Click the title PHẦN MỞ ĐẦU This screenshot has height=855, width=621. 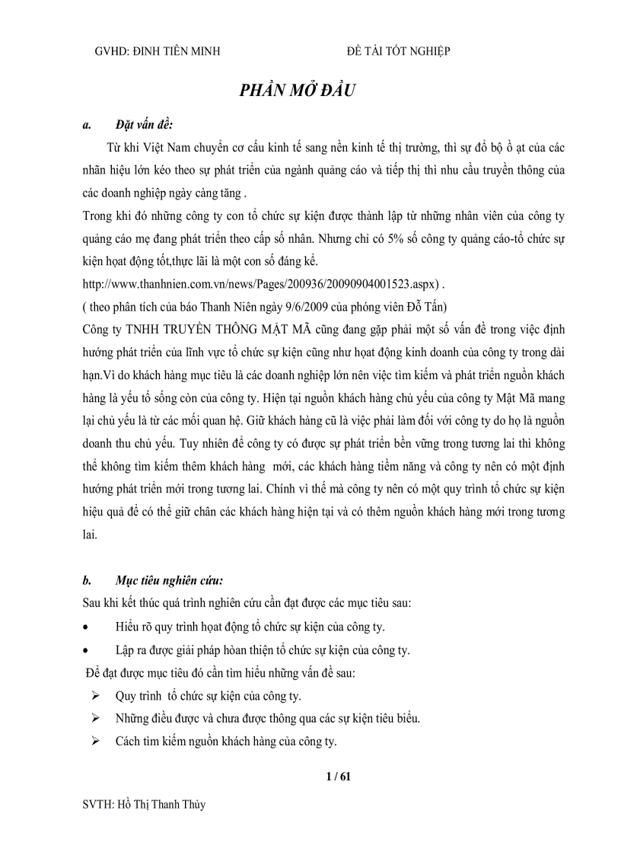click(298, 89)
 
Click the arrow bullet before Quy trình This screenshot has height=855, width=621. click(96, 696)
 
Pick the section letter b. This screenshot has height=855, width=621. click(87, 581)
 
